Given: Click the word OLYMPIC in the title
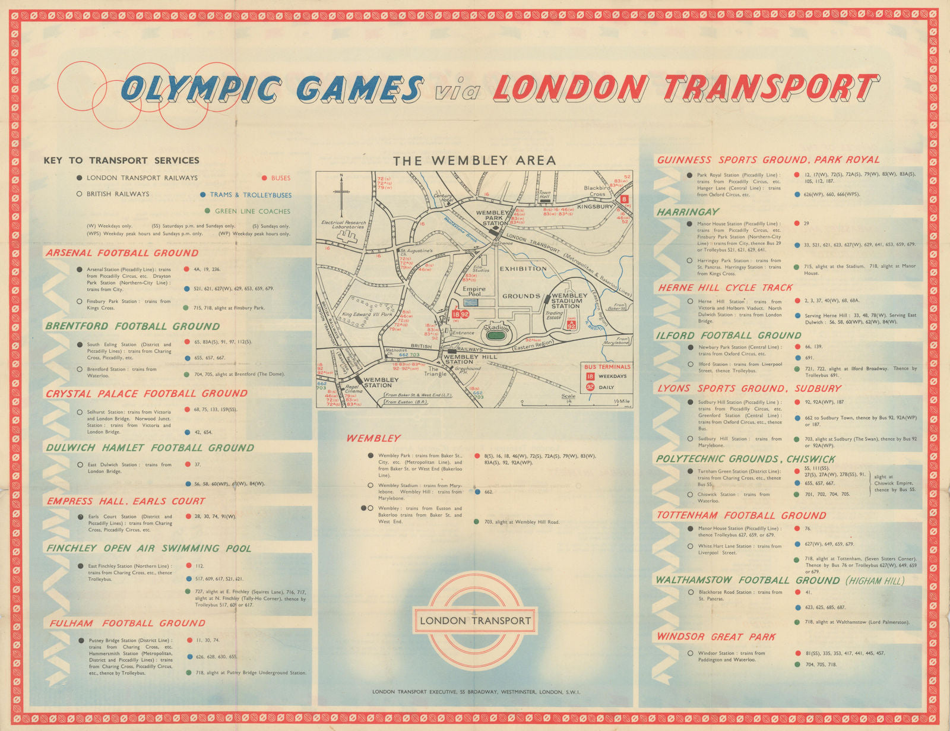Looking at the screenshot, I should pyautogui.click(x=202, y=89).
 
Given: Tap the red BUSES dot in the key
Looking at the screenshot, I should pyautogui.click(x=264, y=178).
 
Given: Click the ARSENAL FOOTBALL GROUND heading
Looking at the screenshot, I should pyautogui.click(x=122, y=253).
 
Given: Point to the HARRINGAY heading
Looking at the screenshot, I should pyautogui.click(x=688, y=212).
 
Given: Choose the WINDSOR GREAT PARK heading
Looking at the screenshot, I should pyautogui.click(x=715, y=637).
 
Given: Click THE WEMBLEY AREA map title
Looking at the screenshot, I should pyautogui.click(x=474, y=160).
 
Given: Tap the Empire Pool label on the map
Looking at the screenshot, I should pyautogui.click(x=474, y=292).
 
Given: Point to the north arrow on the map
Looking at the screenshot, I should pyautogui.click(x=342, y=193).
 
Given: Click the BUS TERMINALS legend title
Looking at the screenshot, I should pyautogui.click(x=607, y=366).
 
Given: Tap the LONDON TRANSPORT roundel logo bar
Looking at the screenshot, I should pyautogui.click(x=475, y=621).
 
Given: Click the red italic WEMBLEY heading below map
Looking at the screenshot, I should pyautogui.click(x=373, y=438).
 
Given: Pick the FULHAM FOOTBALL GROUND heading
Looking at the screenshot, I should pyautogui.click(x=127, y=623).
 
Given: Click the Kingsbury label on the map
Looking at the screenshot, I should pyautogui.click(x=595, y=207).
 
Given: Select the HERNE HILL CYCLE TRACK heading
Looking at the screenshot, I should pyautogui.click(x=725, y=287).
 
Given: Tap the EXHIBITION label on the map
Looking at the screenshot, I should pyautogui.click(x=523, y=268).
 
